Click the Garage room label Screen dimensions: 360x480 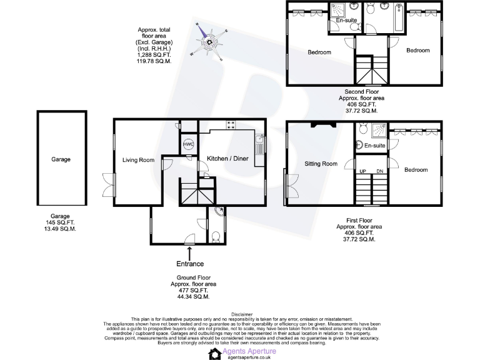61,159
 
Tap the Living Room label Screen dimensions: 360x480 138,160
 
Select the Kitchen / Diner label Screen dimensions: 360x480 227,159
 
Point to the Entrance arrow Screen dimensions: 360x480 189,252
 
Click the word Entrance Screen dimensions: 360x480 190,264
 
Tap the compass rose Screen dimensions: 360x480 211,42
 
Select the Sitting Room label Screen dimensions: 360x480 321,164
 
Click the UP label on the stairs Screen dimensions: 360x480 362,171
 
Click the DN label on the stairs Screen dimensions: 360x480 379,171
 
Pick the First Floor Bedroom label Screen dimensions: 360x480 416,169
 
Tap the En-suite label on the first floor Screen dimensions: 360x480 374,145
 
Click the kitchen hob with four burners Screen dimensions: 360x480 231,124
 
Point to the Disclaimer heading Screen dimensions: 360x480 241,314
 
